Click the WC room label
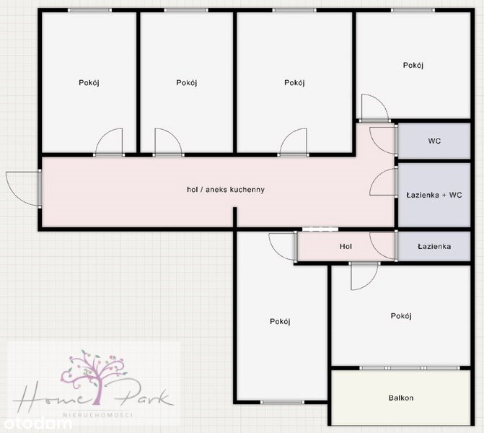pyautogui.click(x=434, y=141)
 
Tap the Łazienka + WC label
pyautogui.click(x=434, y=195)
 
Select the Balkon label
pyautogui.click(x=401, y=398)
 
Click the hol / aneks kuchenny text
pyautogui.click(x=226, y=190)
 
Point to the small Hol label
pyautogui.click(x=346, y=247)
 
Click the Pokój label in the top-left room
pyautogui.click(x=89, y=83)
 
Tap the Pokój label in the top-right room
pyautogui.click(x=413, y=66)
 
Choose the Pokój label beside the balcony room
pyautogui.click(x=401, y=316)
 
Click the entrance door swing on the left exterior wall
pyautogui.click(x=24, y=188)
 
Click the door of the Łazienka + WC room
pyautogui.click(x=383, y=182)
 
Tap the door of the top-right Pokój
pyautogui.click(x=375, y=108)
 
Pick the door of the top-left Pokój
pyautogui.click(x=109, y=142)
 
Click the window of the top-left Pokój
pyautogui.click(x=89, y=10)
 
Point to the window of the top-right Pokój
pyautogui.click(x=413, y=10)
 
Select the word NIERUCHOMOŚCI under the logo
pyautogui.click(x=98, y=415)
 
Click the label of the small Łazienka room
pyautogui.click(x=434, y=247)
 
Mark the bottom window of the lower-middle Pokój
pyautogui.click(x=282, y=402)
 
